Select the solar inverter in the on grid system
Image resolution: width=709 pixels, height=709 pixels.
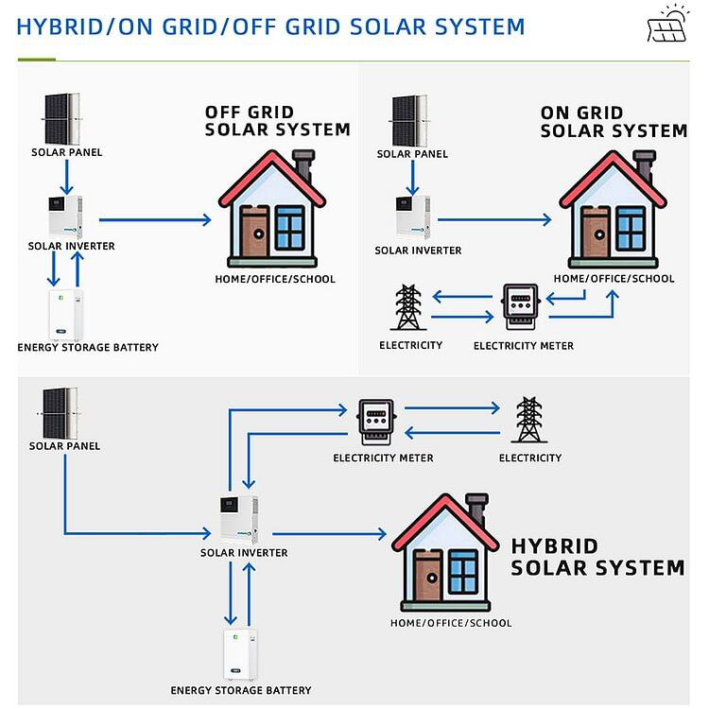point(413,217)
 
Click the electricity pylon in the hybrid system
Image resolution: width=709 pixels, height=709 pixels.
point(528,420)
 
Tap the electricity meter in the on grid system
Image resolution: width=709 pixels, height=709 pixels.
point(519,308)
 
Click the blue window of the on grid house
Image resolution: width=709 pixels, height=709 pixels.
point(631,227)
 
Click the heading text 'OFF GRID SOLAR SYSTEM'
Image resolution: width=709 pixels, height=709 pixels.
point(277,121)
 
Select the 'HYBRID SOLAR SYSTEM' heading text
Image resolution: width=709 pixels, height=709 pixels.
point(597,557)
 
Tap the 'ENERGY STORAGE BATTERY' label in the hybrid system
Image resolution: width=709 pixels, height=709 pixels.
point(240,690)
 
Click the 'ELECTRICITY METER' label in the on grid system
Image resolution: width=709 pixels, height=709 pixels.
point(523,345)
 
